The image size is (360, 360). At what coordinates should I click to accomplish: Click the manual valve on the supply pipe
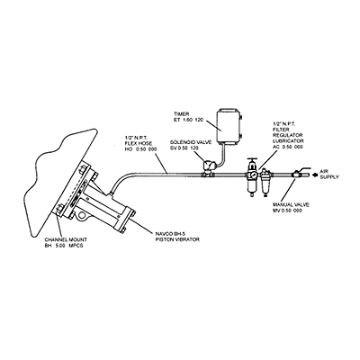296,174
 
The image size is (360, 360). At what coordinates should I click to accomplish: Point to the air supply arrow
315,174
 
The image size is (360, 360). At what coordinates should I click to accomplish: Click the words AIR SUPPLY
329,174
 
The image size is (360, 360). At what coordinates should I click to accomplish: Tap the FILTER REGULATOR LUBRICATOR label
288,135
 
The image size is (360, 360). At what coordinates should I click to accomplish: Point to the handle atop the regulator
252,160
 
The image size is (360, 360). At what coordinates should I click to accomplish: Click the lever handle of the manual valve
303,169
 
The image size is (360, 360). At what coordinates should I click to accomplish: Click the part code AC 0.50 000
288,147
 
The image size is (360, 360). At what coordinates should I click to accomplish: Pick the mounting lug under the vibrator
80,214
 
